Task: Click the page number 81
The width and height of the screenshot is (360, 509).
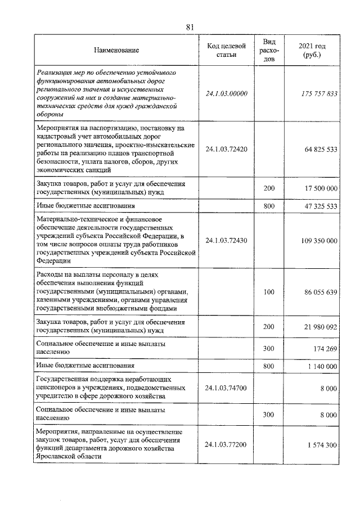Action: coord(190,26)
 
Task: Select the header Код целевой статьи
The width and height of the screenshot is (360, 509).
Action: coord(226,50)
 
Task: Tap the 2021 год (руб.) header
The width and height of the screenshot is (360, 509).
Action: coord(312,50)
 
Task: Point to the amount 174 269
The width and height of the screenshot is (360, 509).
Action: coord(325,349)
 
